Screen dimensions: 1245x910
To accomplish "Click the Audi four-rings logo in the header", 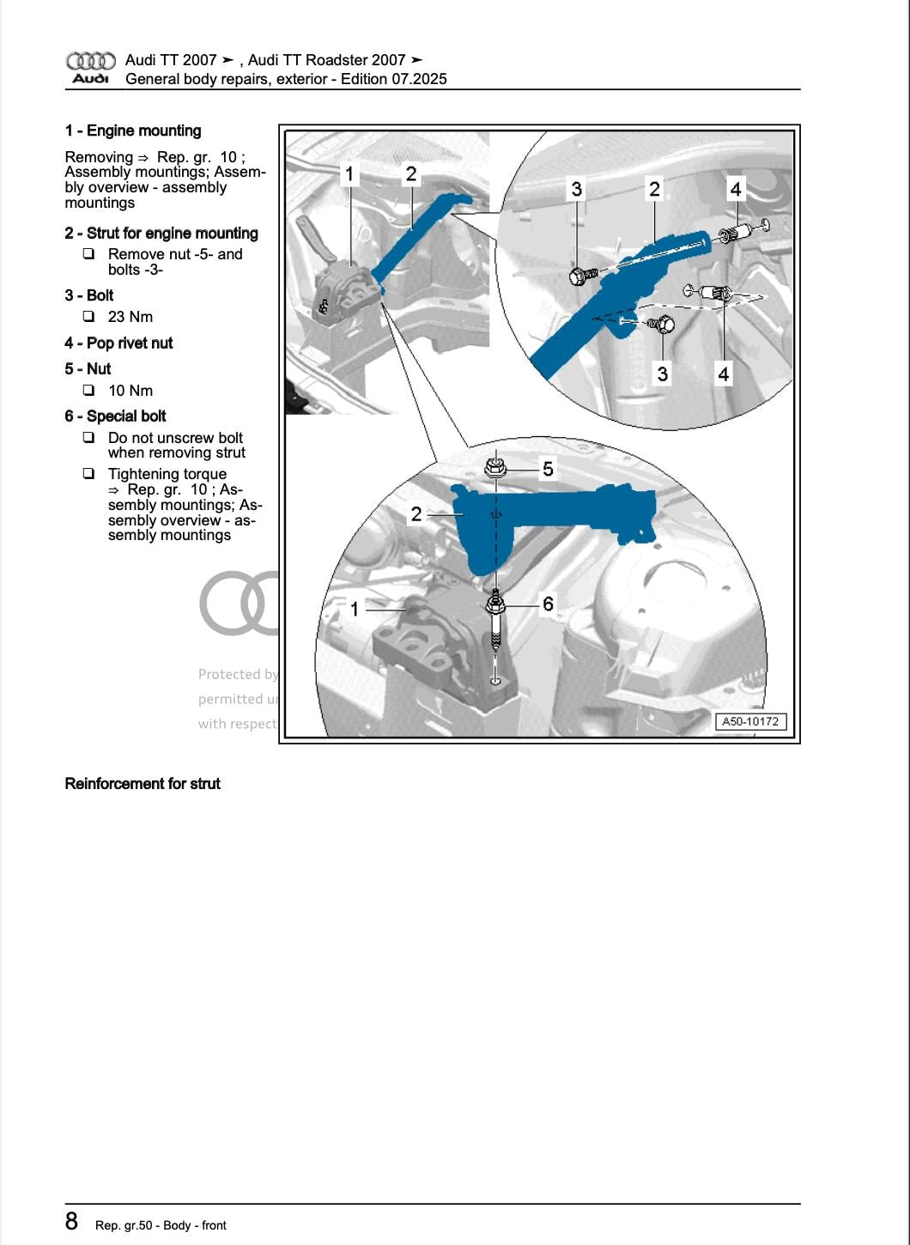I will (90, 61).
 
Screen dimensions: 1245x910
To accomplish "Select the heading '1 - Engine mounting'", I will (133, 131).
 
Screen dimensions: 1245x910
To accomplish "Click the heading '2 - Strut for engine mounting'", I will (161, 234).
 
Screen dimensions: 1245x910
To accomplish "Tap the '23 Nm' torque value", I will (130, 317).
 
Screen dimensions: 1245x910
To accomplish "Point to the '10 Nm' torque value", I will (130, 391).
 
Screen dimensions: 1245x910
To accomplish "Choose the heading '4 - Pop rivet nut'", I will (118, 343).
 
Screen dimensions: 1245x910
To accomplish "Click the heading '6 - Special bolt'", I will (115, 416).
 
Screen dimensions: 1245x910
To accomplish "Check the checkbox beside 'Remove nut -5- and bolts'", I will (88, 254).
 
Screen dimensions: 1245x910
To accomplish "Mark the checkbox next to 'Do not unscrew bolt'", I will (88, 438).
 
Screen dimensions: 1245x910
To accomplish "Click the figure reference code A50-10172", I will (750, 722).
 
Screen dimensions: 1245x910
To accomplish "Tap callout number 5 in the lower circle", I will (548, 469).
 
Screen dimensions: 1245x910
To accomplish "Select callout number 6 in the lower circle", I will (548, 604).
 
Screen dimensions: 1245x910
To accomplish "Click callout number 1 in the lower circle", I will (355, 610).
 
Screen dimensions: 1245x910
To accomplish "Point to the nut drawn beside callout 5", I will (494, 469).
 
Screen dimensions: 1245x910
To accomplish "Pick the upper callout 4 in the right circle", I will (736, 189).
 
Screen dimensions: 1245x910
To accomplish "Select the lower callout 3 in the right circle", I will (662, 373).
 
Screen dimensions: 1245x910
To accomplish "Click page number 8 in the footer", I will (72, 1222).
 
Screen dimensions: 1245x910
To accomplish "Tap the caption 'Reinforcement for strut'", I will (143, 784).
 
